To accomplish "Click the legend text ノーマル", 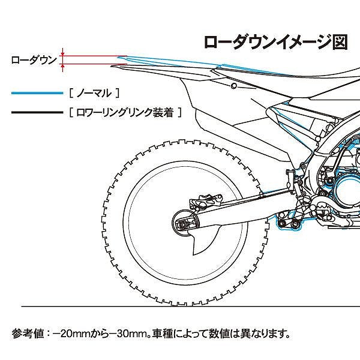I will click(95, 94).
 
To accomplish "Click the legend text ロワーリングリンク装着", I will click(125, 112).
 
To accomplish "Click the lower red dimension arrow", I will click(63, 68).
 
